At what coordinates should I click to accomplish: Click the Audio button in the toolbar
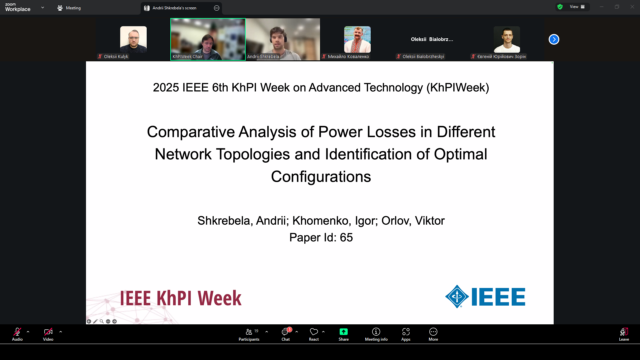(17, 334)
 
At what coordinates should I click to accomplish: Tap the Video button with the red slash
(48, 334)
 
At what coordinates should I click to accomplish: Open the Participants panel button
(249, 334)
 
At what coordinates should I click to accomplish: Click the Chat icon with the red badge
(286, 334)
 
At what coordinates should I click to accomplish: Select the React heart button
(314, 334)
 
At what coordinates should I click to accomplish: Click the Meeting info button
(376, 334)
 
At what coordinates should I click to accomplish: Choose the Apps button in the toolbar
(406, 334)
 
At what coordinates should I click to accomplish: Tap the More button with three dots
(433, 334)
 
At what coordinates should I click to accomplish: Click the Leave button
(624, 334)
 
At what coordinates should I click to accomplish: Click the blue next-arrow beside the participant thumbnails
(554, 39)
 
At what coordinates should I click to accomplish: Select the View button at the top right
(577, 7)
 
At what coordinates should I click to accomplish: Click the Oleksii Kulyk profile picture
(133, 39)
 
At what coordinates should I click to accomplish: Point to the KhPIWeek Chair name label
(188, 57)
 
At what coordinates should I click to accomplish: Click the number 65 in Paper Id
(346, 238)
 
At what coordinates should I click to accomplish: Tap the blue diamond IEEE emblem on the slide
(457, 296)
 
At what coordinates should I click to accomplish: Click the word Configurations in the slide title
(321, 177)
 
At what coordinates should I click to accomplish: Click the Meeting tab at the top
(69, 8)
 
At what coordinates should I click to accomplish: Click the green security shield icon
(560, 7)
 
